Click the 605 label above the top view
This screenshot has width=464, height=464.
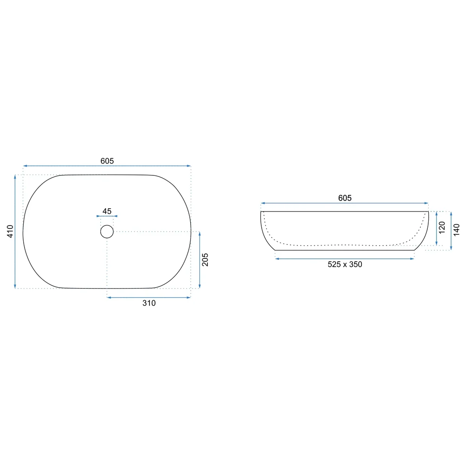click(107, 161)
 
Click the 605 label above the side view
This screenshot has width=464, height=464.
click(345, 198)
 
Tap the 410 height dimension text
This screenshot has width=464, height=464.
click(10, 231)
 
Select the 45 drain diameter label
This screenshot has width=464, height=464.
click(107, 211)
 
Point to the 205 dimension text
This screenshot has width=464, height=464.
click(205, 259)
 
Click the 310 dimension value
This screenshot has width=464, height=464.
click(149, 303)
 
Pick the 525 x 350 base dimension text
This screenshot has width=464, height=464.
click(345, 264)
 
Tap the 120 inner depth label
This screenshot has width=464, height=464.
click(442, 227)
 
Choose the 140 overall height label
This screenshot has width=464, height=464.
click(456, 230)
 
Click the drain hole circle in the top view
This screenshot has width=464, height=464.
click(107, 225)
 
